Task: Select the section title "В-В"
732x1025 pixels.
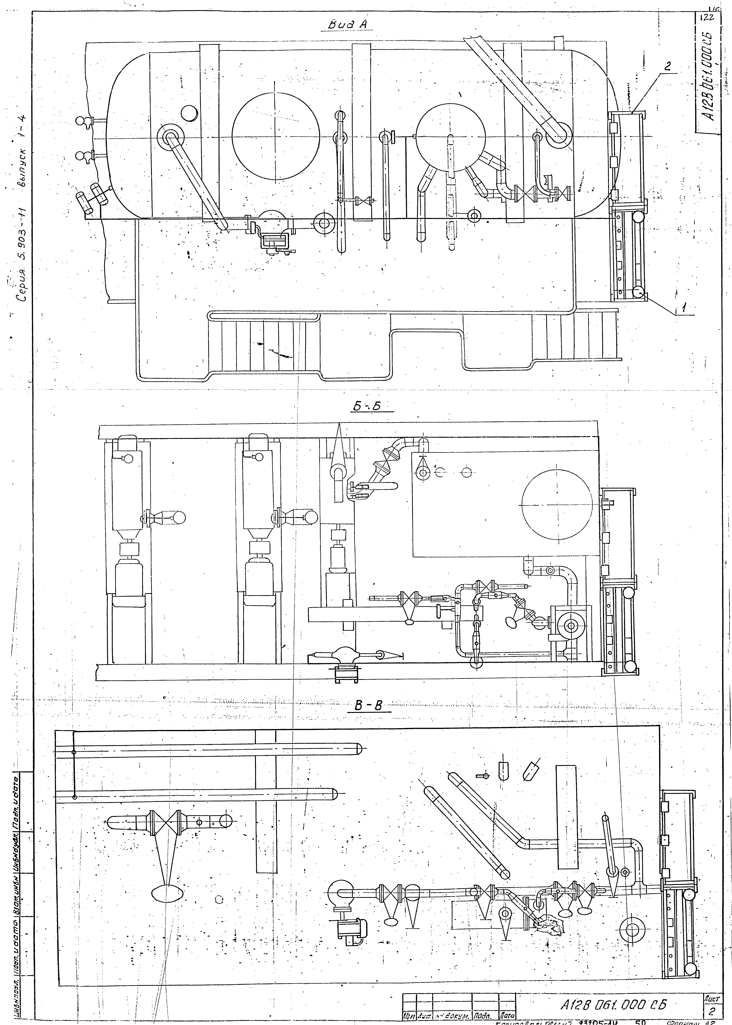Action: (368, 706)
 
